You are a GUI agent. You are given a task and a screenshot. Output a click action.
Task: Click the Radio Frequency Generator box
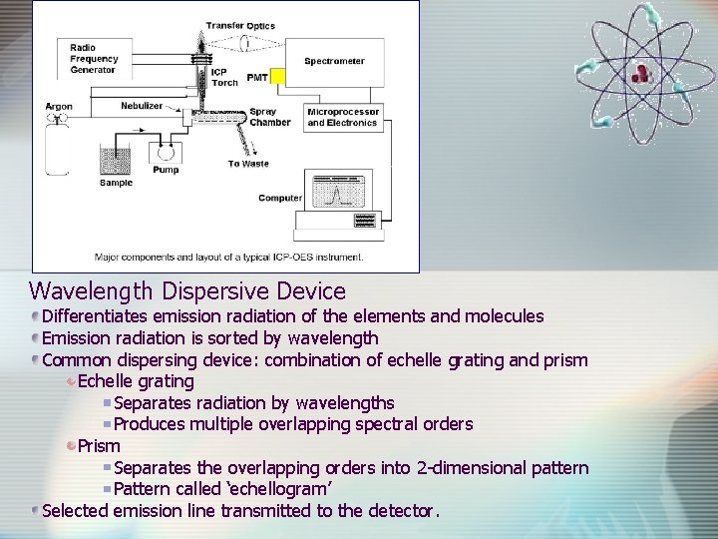(x=93, y=59)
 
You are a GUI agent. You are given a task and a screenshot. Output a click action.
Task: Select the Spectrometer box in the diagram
(x=334, y=62)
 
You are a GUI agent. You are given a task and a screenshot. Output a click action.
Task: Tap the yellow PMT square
(x=278, y=76)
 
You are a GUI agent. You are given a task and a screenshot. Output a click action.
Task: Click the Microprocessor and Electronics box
(x=342, y=118)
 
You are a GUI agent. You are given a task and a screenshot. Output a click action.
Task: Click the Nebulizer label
(x=142, y=105)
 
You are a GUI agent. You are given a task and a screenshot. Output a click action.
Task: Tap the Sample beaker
(x=117, y=162)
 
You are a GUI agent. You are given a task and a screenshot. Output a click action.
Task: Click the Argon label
(x=59, y=107)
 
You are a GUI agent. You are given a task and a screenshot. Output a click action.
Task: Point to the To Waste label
(x=248, y=164)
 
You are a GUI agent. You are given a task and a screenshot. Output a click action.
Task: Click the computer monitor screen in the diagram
(x=341, y=191)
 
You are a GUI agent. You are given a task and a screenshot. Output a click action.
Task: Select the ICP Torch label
(x=224, y=78)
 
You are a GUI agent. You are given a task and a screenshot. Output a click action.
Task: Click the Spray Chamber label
(x=269, y=118)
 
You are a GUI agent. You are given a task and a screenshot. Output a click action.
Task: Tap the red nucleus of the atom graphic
(x=640, y=71)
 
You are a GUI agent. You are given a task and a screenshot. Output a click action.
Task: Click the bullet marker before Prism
(x=71, y=446)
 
